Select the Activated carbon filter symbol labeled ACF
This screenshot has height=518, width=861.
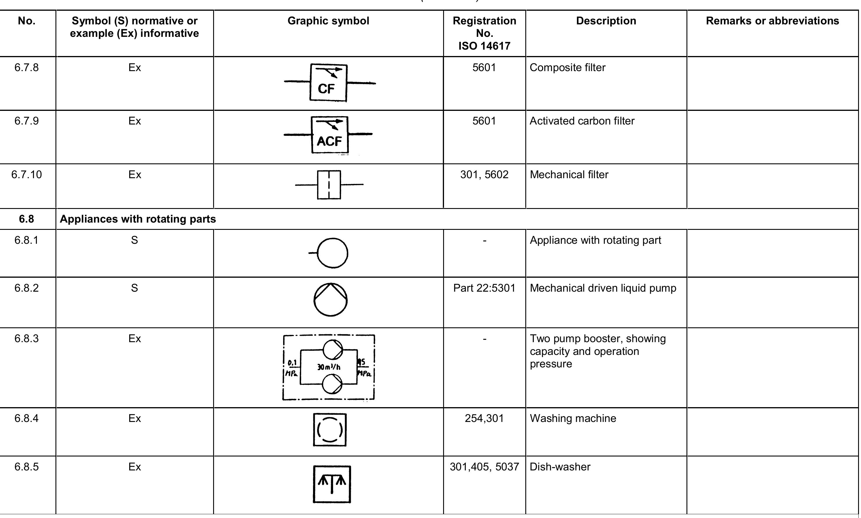click(x=329, y=135)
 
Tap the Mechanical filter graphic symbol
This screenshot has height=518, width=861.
click(x=329, y=185)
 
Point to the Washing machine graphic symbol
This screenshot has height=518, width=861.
click(x=330, y=430)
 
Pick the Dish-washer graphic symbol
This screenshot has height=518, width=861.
click(x=331, y=484)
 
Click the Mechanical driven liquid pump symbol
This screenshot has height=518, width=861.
click(x=330, y=300)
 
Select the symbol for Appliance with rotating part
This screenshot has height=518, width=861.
click(x=332, y=253)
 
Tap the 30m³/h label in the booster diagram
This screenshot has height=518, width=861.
click(x=329, y=367)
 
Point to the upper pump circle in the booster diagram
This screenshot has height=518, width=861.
click(x=332, y=349)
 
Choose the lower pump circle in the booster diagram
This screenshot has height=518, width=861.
click(x=332, y=384)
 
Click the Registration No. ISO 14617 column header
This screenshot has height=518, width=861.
click(x=484, y=33)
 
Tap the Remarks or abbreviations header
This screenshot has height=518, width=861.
click(x=772, y=21)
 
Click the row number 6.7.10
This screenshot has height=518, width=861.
click(x=26, y=174)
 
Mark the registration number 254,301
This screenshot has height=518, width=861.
click(x=484, y=418)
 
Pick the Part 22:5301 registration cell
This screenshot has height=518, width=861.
click(x=484, y=288)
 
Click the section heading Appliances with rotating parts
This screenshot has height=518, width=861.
click(x=138, y=219)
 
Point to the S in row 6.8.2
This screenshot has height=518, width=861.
click(x=134, y=288)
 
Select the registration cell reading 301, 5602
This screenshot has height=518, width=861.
click(x=484, y=174)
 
